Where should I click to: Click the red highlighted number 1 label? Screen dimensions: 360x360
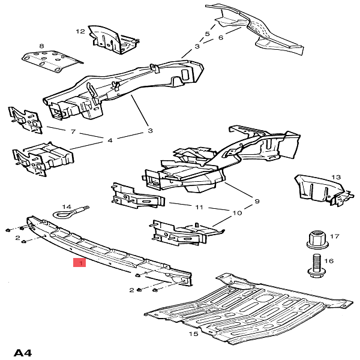point(79,263)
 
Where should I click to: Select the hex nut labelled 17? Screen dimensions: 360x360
point(317,240)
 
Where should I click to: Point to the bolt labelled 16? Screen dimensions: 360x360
point(316,266)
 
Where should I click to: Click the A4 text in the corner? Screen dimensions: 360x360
point(23,352)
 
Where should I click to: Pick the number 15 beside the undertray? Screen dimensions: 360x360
point(193,334)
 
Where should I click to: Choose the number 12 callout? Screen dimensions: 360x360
point(80,31)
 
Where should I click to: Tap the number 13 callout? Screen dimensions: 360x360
point(336,177)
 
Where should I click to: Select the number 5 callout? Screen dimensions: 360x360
point(208,34)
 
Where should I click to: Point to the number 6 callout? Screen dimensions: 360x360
point(221,37)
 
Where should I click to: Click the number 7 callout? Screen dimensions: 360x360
point(73,131)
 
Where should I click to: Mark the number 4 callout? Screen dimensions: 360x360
point(110,140)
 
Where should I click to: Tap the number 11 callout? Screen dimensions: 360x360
point(199,208)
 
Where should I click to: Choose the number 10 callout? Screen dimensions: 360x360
point(237,213)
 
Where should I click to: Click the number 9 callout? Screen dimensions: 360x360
point(257,201)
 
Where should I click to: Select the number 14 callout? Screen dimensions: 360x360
point(67,206)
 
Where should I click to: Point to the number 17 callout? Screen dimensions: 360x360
point(335,236)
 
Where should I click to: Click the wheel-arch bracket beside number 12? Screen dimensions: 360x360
point(113,40)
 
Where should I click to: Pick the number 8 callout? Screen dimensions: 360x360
point(41,46)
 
